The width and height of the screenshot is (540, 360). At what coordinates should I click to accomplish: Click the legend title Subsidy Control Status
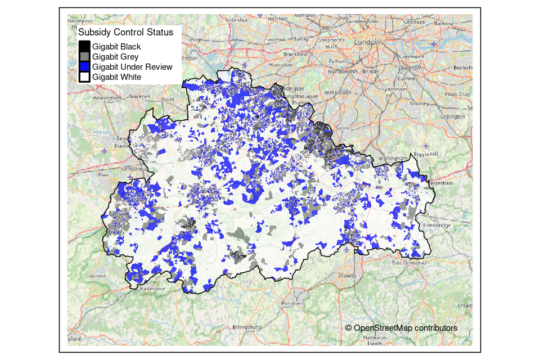[x=125, y=33]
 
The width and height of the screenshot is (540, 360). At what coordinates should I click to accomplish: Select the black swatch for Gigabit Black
[x=84, y=47]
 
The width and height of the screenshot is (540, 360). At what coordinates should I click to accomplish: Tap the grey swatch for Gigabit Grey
[x=84, y=57]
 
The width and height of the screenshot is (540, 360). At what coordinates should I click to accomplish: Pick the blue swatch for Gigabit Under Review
[x=84, y=67]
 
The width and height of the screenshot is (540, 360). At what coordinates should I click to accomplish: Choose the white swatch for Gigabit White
[x=84, y=77]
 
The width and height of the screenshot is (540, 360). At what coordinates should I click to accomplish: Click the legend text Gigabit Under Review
[x=132, y=67]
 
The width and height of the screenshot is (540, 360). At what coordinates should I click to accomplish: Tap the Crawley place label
[x=347, y=276]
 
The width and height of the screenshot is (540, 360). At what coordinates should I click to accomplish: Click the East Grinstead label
[x=409, y=263]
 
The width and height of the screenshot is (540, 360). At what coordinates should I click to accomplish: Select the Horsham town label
[x=291, y=303]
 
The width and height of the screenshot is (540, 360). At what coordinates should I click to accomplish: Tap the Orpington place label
[x=453, y=116]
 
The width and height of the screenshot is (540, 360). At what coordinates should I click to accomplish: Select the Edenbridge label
[x=438, y=226]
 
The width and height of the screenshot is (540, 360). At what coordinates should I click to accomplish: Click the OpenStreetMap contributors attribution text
[x=401, y=328]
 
